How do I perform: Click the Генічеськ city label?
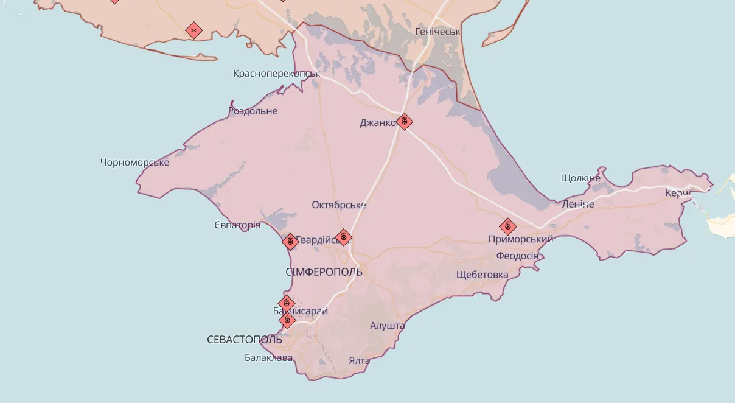437,31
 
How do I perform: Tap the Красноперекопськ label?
276,74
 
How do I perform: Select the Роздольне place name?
253,111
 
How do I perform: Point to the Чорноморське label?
134,162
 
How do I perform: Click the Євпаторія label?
237,225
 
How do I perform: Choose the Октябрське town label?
338,205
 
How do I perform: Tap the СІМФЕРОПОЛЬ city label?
324,272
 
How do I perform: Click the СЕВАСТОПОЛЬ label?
244,339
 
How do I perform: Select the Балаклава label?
268,357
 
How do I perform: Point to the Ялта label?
359,360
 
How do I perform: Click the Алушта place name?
387,326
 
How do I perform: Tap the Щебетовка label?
482,275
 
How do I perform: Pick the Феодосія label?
517,256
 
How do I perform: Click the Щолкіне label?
580,178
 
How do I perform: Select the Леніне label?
577,204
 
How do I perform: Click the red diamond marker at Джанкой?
404,122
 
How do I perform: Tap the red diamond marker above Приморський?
508,227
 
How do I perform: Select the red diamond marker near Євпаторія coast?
290,242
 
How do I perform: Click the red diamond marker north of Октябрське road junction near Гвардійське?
343,237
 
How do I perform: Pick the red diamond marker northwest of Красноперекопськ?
193,30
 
